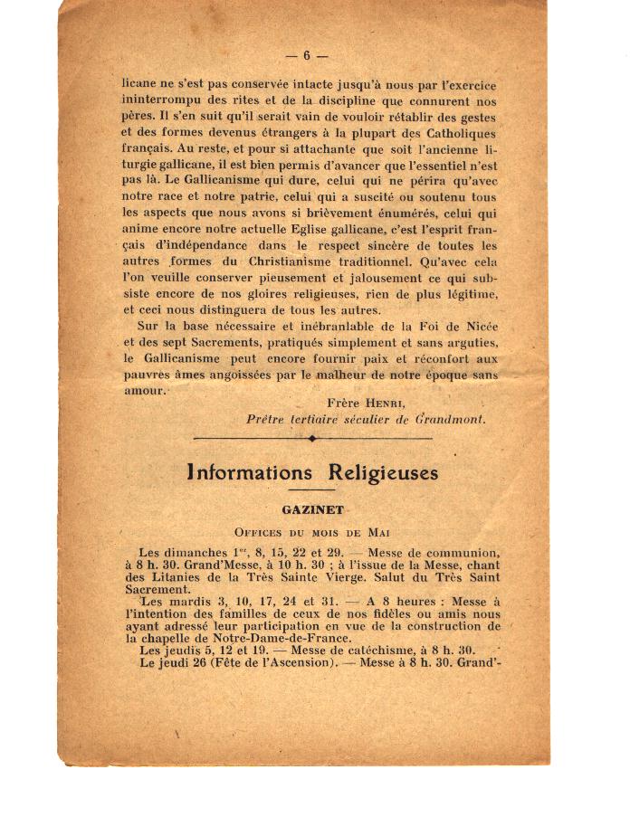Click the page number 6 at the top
[x=306, y=55]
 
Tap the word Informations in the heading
[x=249, y=472]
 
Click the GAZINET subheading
[x=312, y=509]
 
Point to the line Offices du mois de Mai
[x=312, y=532]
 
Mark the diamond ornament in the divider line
[x=312, y=439]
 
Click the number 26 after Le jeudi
[x=194, y=662]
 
